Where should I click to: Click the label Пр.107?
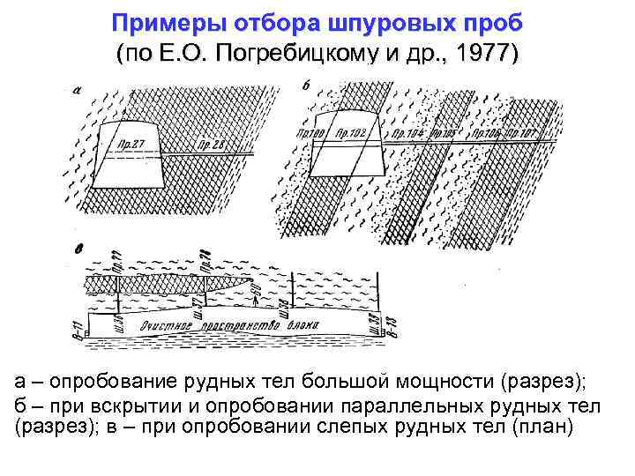click(522, 134)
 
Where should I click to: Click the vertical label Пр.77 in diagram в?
click(116, 259)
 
